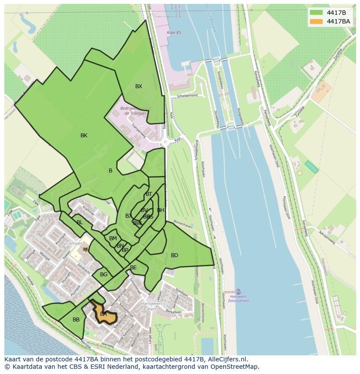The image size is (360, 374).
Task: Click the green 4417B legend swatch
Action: point(316,13)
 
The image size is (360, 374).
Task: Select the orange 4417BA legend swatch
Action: point(316,21)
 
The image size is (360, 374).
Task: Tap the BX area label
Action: point(138,86)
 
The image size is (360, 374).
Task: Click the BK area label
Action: point(84,136)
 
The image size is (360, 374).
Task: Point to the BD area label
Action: point(174,255)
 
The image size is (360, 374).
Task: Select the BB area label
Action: point(76,320)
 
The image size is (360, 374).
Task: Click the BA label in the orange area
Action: point(103,314)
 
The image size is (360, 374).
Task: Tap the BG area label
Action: point(103,275)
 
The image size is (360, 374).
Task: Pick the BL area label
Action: point(80,222)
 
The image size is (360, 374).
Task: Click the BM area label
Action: point(113,238)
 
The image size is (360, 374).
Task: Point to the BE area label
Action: point(133,268)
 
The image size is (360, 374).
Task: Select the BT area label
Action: point(149,194)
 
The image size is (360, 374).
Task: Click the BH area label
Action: point(160,210)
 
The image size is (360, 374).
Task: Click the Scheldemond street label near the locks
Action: point(187,95)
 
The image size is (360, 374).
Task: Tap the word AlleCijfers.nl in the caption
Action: point(226,359)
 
